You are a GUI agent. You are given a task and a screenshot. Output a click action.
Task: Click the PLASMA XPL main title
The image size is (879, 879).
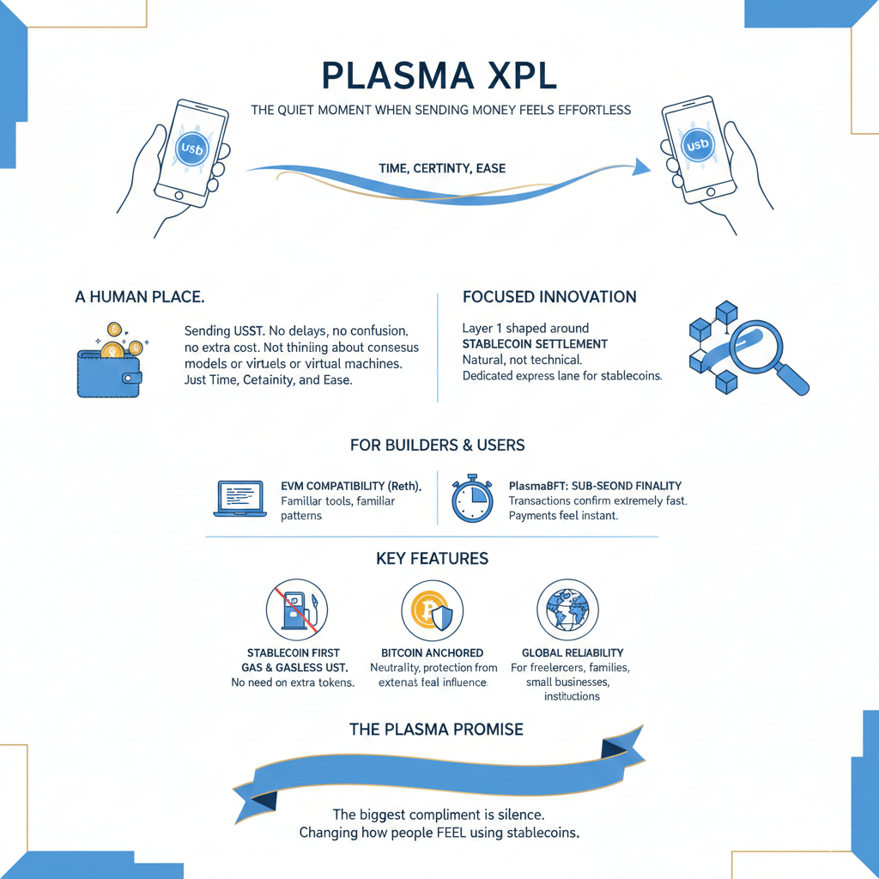[439, 76]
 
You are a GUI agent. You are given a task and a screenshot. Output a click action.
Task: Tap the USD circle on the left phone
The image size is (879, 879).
[190, 149]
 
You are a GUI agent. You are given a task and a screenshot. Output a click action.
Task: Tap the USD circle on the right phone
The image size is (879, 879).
[697, 145]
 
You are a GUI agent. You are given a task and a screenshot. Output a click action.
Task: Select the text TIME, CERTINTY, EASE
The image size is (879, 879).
[441, 169]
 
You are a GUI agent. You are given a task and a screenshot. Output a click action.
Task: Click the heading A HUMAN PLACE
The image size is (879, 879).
[139, 298]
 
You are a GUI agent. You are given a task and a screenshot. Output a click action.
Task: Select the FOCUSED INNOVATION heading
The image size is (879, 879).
[549, 298]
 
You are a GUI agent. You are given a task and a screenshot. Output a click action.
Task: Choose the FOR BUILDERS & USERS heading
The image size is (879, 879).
[438, 446]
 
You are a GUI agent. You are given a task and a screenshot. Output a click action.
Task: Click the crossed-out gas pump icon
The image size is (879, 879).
[296, 609]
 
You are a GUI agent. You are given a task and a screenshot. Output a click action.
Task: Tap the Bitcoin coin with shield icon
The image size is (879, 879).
[432, 609]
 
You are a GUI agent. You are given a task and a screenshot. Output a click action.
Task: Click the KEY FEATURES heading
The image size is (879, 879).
[432, 559]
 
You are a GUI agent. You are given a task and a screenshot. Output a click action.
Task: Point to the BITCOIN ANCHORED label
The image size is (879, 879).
[432, 653]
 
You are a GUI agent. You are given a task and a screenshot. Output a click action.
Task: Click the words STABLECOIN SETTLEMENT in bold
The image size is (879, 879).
[535, 344]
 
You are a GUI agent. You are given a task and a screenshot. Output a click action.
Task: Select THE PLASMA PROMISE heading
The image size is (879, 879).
[436, 730]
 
